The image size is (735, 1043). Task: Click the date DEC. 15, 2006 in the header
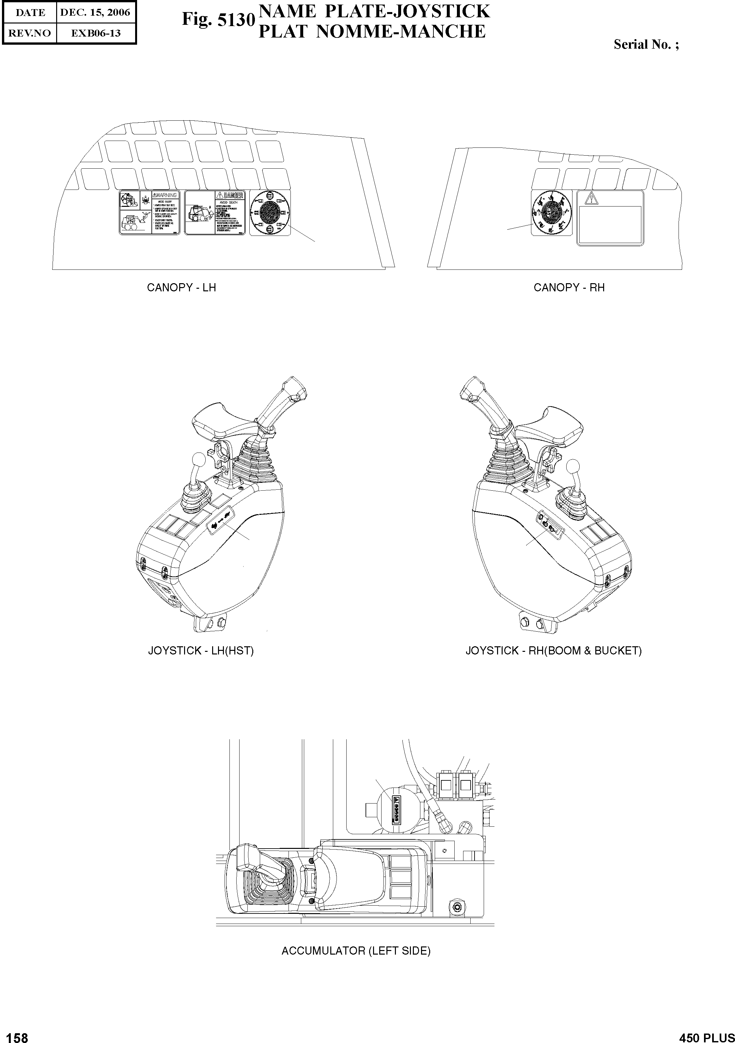point(95,13)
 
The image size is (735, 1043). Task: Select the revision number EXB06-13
point(95,33)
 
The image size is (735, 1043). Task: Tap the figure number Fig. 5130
point(218,20)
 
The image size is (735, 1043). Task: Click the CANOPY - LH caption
point(181,287)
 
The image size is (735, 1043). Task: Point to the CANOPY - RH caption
point(569,287)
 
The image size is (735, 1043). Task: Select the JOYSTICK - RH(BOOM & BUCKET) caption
point(554,651)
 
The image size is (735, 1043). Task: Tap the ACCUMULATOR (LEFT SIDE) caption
point(356,951)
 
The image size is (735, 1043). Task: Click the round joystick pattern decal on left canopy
point(270,213)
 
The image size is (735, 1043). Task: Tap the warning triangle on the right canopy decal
point(591,198)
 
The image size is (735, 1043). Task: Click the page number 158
point(17,1035)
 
